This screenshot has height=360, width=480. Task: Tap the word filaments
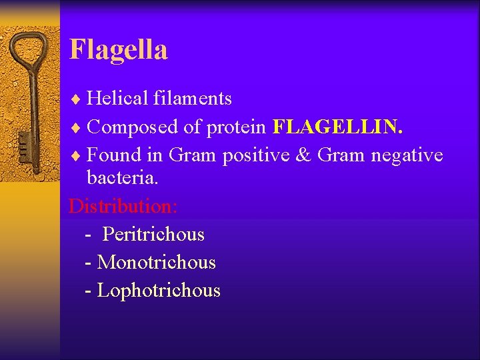point(192,99)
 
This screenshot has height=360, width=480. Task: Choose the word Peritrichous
point(153,235)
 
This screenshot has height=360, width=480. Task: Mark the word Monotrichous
point(157,263)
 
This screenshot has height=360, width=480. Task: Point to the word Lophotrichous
point(159,291)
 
